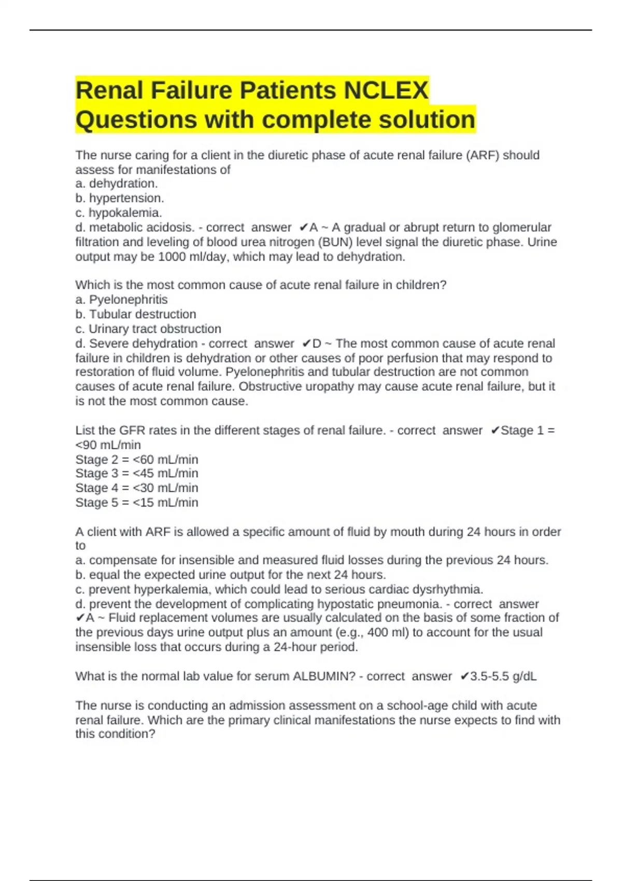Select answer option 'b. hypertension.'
pyautogui.click(x=120, y=198)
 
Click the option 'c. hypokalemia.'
pyautogui.click(x=119, y=212)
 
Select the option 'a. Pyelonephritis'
pyautogui.click(x=121, y=300)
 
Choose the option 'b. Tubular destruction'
pyautogui.click(x=136, y=314)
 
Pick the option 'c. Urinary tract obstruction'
pyautogui.click(x=148, y=329)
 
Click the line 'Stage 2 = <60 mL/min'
pyautogui.click(x=137, y=459)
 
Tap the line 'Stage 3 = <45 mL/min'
pyautogui.click(x=137, y=473)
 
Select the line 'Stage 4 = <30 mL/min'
pyautogui.click(x=137, y=488)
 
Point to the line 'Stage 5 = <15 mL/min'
pyautogui.click(x=137, y=502)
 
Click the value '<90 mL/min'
pyautogui.click(x=108, y=445)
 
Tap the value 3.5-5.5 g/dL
pyautogui.click(x=503, y=676)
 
